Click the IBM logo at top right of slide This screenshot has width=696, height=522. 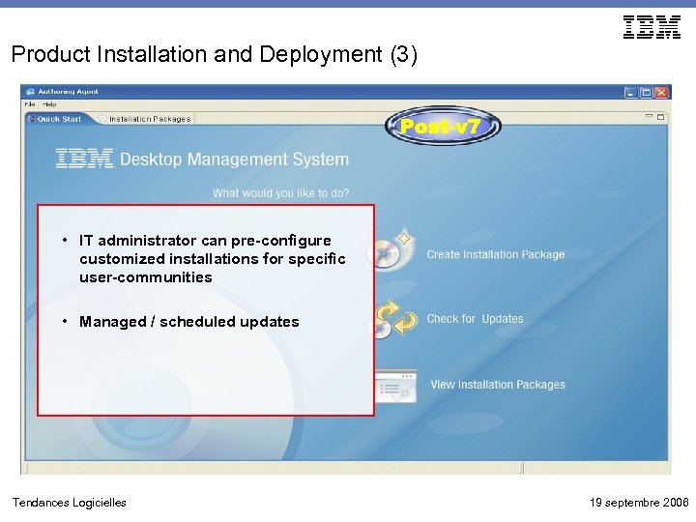[652, 27]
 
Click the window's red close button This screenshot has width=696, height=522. [661, 93]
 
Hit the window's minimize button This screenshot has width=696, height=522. [630, 93]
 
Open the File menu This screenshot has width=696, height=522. [30, 104]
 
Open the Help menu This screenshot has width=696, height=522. [49, 104]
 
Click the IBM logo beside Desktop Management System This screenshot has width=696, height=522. [85, 159]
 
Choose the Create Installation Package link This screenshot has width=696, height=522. [496, 255]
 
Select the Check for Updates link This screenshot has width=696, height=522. [475, 319]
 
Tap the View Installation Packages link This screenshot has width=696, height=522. [498, 385]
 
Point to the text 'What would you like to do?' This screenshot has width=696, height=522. [281, 193]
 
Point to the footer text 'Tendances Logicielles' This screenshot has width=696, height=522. [69, 502]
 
